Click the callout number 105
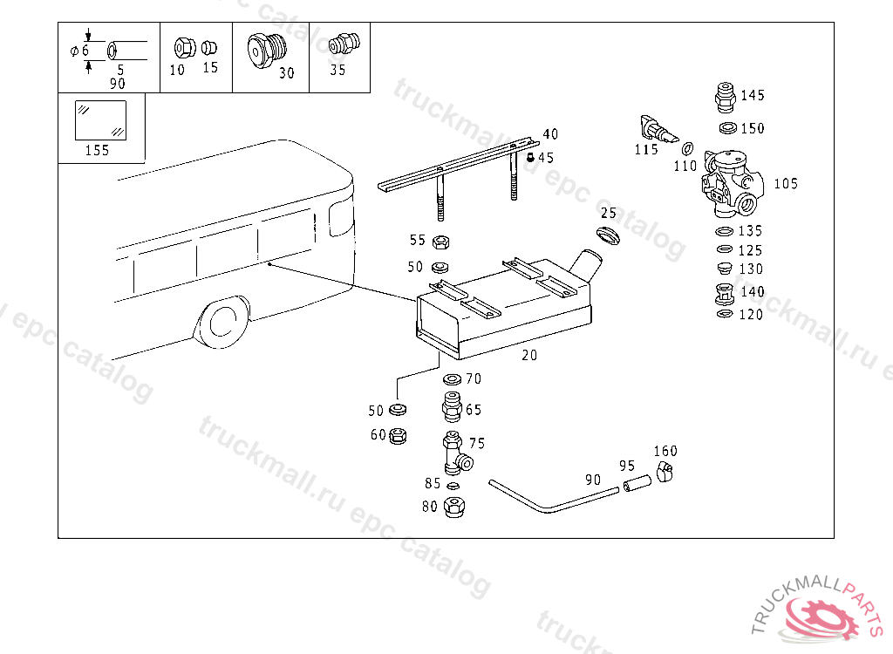(786, 184)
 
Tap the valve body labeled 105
(731, 184)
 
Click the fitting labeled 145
(724, 96)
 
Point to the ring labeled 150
(726, 128)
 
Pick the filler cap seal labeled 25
(607, 235)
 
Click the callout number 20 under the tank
(529, 355)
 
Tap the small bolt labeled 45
(530, 158)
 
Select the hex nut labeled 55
(440, 242)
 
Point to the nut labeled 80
(453, 506)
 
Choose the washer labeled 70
(452, 380)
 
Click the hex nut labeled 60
(397, 434)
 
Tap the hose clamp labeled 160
(665, 473)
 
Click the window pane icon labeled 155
(99, 119)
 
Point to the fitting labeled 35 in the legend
(338, 45)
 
